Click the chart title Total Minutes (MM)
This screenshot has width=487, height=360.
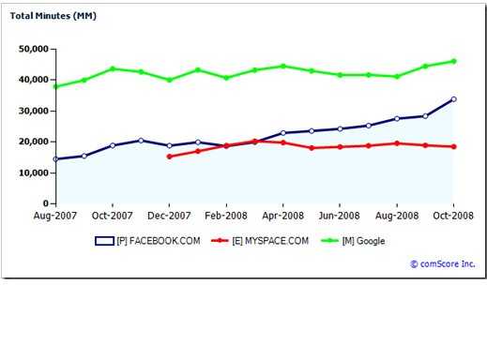click(55, 16)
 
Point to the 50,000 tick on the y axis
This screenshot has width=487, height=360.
click(33, 49)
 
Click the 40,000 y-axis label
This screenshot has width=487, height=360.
click(33, 80)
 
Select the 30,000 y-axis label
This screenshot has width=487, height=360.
click(33, 111)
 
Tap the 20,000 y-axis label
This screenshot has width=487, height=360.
click(33, 142)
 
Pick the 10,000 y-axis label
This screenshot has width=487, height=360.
click(33, 172)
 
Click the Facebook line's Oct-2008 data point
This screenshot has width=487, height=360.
click(453, 99)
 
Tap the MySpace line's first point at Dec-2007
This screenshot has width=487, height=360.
click(169, 157)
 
